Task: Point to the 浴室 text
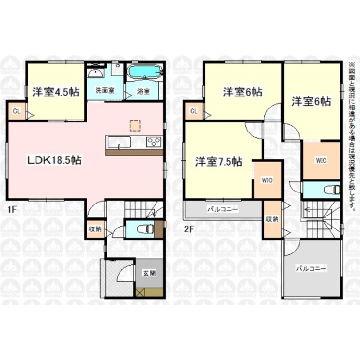tap(143, 91)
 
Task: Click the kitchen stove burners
tap(154, 142)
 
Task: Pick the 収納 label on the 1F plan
tap(94, 228)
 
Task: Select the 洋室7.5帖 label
tap(218, 162)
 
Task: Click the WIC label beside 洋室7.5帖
tap(267, 180)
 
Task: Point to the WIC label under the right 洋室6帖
tap(321, 160)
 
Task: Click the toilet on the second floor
tap(330, 189)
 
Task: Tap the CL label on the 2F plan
tap(194, 111)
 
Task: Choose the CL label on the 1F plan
tap(17, 111)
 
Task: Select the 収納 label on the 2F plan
tap(272, 219)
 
